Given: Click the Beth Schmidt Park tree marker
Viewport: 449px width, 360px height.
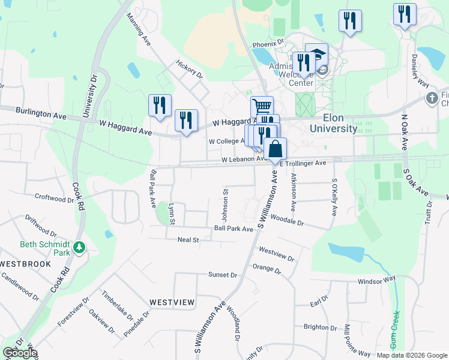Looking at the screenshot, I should point(79,247).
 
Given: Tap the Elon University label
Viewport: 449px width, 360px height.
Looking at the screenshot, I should point(333,122).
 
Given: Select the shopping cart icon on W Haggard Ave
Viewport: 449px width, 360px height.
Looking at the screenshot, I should point(262,107).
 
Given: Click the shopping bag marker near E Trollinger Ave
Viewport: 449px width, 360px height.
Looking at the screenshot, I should point(275,149).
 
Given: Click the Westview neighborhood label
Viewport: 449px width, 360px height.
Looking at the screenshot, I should point(172,302).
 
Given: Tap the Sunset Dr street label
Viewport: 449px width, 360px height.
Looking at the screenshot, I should point(223,274).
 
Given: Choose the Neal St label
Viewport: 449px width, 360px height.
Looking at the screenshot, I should point(188,240).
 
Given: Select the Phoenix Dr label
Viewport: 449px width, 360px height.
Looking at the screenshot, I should point(268,44).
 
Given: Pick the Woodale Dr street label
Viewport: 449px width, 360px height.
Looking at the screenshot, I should point(289,221).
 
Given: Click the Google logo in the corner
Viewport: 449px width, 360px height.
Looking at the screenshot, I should point(19,353).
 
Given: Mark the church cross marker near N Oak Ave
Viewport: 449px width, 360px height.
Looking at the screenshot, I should point(432,98).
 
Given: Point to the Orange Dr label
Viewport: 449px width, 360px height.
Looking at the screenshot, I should point(267,268).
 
